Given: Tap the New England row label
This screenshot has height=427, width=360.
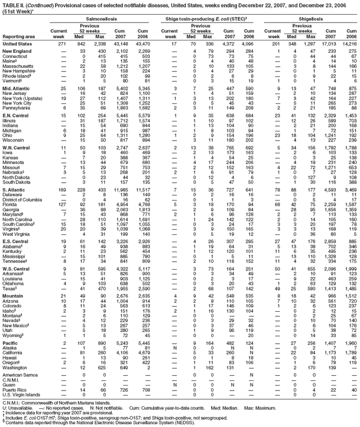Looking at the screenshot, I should pyautogui.click(x=17, y=51).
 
